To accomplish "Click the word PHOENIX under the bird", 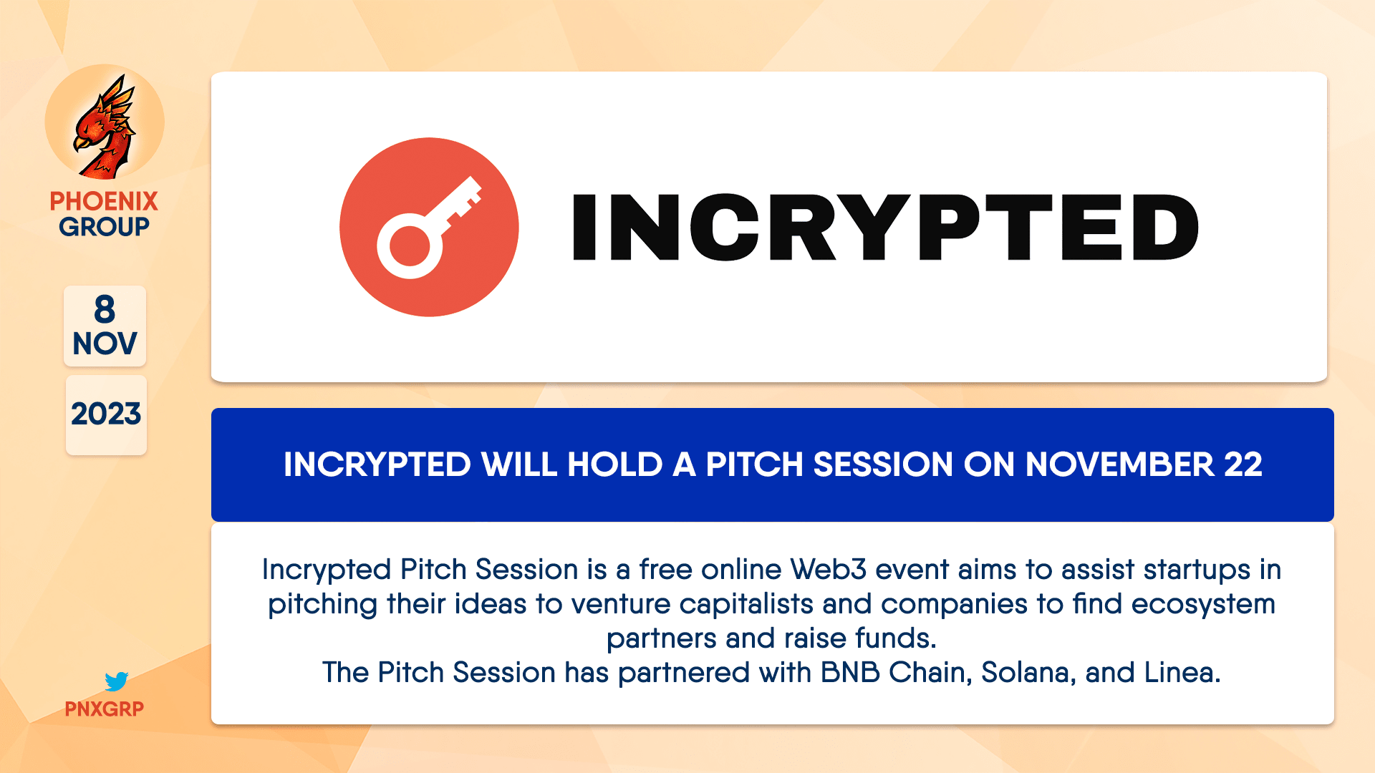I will pos(104,201).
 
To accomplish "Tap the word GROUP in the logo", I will pos(104,227).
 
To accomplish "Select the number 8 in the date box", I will pos(105,310).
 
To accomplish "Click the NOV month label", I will pos(105,344).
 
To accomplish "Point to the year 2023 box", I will pos(106,414).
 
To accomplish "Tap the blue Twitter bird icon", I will pos(116,681).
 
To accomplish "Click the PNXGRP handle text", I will pos(105,709).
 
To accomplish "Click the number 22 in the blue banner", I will pos(1243,465).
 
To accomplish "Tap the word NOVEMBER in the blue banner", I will pos(1119,465).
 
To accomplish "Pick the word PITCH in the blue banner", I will pos(755,465).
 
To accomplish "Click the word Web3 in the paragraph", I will pos(829,570).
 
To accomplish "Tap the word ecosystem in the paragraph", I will pos(1203,604).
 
